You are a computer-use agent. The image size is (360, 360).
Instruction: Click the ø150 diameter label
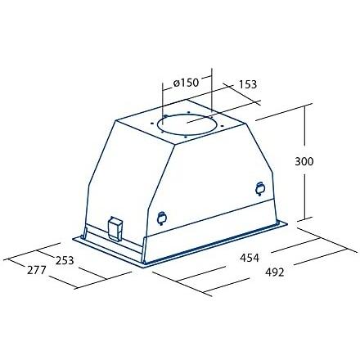(186, 83)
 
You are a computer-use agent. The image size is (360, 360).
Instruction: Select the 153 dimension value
(248, 84)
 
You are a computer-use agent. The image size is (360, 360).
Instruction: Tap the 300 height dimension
(304, 161)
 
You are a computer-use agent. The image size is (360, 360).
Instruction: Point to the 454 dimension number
(250, 258)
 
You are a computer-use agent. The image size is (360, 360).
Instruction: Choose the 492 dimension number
(275, 272)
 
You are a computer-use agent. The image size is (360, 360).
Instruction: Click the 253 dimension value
(65, 260)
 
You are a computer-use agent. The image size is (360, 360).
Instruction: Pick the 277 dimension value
(37, 270)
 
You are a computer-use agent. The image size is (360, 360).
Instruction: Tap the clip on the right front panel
(260, 189)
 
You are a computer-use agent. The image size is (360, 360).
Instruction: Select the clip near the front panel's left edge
(162, 218)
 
